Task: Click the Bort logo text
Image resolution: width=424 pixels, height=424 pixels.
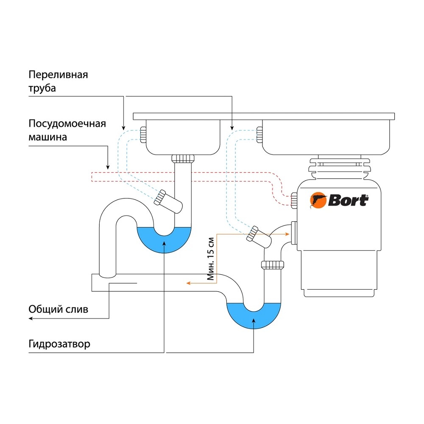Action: [x=348, y=201]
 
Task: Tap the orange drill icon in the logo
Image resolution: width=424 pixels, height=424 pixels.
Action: [x=318, y=201]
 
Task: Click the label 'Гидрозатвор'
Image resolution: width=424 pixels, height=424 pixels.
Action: [x=59, y=344]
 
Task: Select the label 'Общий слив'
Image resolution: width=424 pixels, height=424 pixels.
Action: [x=59, y=309]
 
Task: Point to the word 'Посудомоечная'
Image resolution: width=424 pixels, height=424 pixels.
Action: [x=67, y=123]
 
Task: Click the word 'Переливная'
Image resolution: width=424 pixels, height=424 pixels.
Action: [x=58, y=75]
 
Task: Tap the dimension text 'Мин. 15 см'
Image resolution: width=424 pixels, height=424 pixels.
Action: [x=210, y=259]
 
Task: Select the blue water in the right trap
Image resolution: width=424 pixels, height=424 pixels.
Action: [x=254, y=316]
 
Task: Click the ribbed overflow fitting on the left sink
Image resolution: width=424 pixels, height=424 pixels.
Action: [x=143, y=135]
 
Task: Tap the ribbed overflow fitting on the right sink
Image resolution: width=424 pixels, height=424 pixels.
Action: [x=259, y=135]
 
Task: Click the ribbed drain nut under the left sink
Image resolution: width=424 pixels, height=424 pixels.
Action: [x=183, y=159]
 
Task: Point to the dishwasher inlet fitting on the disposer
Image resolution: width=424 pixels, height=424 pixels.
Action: [x=294, y=201]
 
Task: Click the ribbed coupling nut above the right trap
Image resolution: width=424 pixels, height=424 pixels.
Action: [x=273, y=265]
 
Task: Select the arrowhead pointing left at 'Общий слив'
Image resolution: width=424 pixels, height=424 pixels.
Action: [x=31, y=318]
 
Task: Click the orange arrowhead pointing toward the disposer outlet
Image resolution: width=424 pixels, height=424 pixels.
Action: [x=287, y=234]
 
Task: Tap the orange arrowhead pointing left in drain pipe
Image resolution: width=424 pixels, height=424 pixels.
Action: [x=189, y=283]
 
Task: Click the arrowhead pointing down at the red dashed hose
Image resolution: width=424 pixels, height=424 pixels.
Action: [x=108, y=167]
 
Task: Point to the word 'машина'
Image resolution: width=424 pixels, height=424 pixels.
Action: [x=47, y=137]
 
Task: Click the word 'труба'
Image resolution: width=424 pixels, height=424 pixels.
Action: [x=42, y=89]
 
